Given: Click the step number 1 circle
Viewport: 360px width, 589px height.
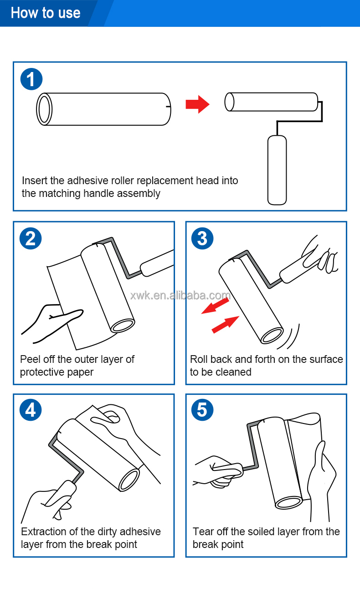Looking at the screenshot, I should pos(31,80).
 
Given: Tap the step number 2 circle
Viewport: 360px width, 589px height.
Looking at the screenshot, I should pos(31,238).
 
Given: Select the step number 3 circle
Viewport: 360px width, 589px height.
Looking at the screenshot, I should pos(203,238).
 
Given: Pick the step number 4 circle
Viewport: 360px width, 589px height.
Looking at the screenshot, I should pos(31,410).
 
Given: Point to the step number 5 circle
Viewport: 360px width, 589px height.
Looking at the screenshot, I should pos(203,410).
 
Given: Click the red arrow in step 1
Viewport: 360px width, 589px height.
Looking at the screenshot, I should pos(197,105).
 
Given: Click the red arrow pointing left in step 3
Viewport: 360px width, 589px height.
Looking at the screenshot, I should pos(215,305).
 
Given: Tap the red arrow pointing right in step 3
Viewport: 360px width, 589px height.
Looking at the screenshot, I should pos(226,324).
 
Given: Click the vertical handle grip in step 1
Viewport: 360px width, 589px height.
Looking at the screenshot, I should pos(277,170).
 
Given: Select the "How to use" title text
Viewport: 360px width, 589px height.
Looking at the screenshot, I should pos(46,13).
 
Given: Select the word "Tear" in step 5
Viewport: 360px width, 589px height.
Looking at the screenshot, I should pos(203,532).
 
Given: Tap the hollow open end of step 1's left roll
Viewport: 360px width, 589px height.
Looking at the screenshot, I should pos(44,109).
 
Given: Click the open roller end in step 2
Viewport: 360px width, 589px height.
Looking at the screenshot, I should pos(123,325).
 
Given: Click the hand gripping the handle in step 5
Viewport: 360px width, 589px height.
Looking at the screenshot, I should pos(219,472).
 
